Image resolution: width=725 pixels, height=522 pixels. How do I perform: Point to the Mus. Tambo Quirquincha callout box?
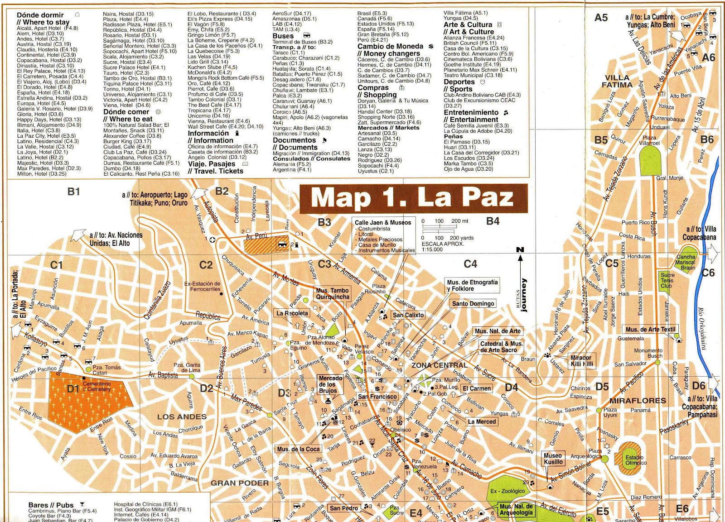coord(333,294)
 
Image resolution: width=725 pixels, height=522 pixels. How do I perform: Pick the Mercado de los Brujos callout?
coord(330,384)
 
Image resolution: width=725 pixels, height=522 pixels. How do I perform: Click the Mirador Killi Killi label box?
coord(581,361)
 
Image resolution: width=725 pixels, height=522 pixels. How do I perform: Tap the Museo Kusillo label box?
coord(553,459)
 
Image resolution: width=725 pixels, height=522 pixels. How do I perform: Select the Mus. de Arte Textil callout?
coord(650,330)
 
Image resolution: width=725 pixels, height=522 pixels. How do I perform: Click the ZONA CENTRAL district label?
coord(439,365)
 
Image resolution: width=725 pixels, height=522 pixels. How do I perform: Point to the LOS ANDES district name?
coord(182,417)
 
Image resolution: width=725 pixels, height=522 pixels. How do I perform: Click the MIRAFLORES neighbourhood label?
coord(638,401)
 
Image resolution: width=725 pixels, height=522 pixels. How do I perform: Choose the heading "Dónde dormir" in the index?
coord(40,15)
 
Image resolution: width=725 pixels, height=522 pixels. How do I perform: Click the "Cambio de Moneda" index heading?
coord(390,46)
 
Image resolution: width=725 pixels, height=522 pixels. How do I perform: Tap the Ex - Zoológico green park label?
coord(507,491)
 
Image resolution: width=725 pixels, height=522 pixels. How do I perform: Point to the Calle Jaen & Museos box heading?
coord(383,222)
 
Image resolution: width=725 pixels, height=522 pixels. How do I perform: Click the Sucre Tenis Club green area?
coord(667,281)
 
